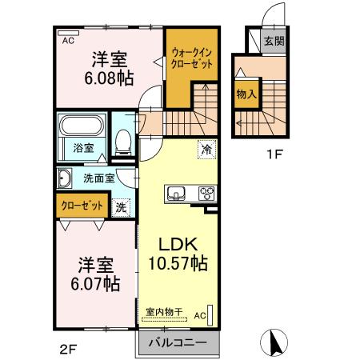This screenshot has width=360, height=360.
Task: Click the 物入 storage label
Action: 246,94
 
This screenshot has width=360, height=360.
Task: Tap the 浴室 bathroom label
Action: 83,148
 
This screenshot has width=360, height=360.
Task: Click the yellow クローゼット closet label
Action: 82,206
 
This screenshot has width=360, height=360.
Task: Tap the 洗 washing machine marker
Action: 120,206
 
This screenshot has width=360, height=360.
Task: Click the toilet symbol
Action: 123,142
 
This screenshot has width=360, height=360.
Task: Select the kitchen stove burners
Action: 206,193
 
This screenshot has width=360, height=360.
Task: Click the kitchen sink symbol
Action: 175,193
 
